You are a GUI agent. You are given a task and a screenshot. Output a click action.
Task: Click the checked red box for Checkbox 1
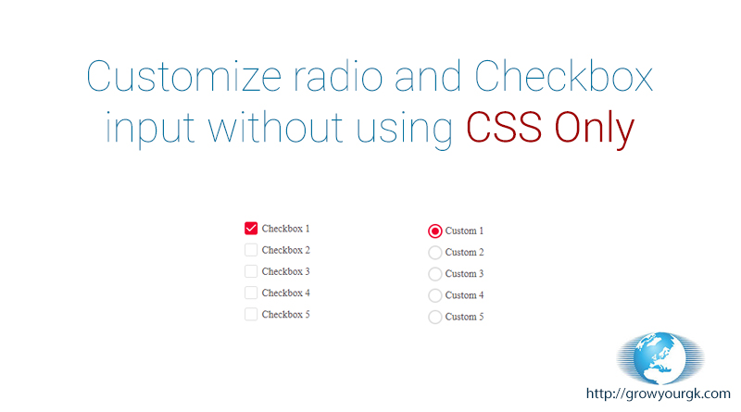coord(251,228)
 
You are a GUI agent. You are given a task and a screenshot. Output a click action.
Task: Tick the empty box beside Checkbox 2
coord(251,249)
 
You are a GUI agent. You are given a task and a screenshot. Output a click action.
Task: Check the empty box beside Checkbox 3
coord(251,271)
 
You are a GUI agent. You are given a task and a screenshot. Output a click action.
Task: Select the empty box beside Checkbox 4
coord(251,293)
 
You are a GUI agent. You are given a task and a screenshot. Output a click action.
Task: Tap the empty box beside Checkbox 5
coord(251,314)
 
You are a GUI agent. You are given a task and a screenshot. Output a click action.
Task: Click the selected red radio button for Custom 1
coord(434,231)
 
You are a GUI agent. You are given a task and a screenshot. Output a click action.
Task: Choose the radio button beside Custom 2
coord(434,253)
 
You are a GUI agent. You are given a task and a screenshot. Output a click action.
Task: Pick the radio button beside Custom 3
coord(434,274)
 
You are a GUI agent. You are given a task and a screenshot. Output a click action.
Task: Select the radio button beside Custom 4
coord(434,295)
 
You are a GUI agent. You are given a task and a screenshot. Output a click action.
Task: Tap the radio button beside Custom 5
coord(434,317)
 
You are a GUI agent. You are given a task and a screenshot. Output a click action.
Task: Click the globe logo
coord(660,358)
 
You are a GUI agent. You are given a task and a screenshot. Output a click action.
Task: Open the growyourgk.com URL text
coord(658,393)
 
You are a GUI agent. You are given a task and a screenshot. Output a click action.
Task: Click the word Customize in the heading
coord(184,76)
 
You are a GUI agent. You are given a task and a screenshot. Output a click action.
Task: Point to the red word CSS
coord(504,127)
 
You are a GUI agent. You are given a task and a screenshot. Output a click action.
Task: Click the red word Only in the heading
coord(594,130)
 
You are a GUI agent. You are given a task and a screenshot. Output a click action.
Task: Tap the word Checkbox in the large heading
coord(563,76)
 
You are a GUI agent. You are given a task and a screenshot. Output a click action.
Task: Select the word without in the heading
coord(275,127)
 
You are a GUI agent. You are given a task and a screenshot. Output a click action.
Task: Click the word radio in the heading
coord(338,76)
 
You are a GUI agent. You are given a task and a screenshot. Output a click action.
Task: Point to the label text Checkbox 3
coord(285,271)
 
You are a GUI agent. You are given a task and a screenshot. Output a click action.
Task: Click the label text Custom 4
coord(464,295)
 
